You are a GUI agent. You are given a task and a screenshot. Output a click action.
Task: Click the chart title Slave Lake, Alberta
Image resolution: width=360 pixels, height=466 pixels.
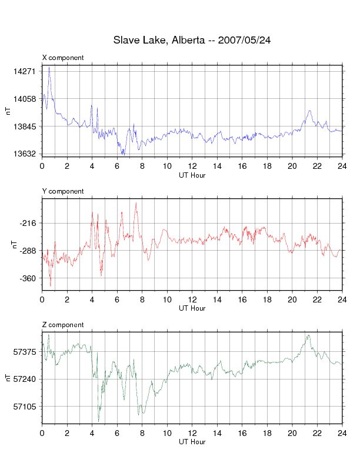pyautogui.click(x=158, y=41)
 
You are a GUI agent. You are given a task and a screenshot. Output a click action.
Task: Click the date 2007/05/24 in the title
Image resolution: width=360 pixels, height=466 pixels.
pyautogui.click(x=244, y=41)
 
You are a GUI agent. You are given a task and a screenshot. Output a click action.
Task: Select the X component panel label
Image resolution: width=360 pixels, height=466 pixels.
pyautogui.click(x=63, y=58)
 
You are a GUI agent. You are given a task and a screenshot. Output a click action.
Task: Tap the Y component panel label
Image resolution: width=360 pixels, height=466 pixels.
pyautogui.click(x=63, y=191)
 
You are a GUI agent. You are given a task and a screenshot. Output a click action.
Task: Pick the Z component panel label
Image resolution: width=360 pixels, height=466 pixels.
pyautogui.click(x=63, y=325)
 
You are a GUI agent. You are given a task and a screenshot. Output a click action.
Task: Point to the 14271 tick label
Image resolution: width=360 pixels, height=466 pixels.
pyautogui.click(x=25, y=71)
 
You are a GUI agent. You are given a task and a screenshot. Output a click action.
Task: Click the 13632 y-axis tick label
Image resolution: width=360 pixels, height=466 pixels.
pyautogui.click(x=25, y=154)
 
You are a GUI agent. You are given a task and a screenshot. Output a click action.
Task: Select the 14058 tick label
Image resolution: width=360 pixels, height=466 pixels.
pyautogui.click(x=25, y=99)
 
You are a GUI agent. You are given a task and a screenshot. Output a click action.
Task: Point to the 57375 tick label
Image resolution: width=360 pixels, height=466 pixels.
pyautogui.click(x=25, y=352)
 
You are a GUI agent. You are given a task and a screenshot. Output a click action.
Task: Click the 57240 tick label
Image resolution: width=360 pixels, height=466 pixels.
pyautogui.click(x=25, y=379)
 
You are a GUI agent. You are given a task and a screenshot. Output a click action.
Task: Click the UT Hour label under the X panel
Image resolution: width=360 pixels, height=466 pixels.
pyautogui.click(x=192, y=174)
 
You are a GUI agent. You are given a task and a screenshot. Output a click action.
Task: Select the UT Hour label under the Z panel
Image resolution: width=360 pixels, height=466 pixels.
pyautogui.click(x=192, y=441)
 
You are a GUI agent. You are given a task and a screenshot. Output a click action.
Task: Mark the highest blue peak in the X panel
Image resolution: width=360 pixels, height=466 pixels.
pyautogui.click(x=49, y=68)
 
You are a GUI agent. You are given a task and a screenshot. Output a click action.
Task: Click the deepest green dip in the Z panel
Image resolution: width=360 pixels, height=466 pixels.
pyautogui.click(x=98, y=421)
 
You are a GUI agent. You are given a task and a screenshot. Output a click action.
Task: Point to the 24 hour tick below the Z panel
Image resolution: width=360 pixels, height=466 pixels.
pyautogui.click(x=342, y=433)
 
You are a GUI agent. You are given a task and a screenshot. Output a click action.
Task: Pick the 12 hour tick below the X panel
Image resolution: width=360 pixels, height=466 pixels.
pyautogui.click(x=192, y=166)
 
